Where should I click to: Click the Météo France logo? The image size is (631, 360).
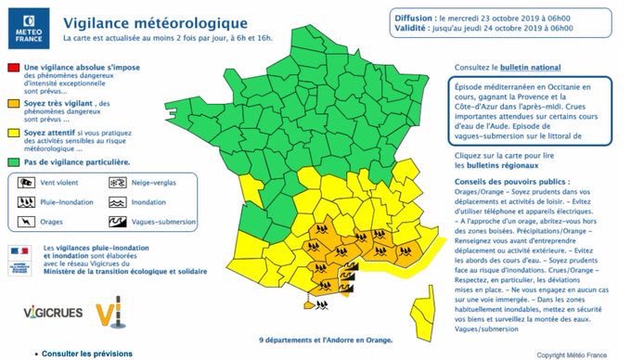click(x=27, y=27)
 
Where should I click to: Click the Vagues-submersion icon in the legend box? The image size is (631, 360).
click(x=118, y=222)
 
